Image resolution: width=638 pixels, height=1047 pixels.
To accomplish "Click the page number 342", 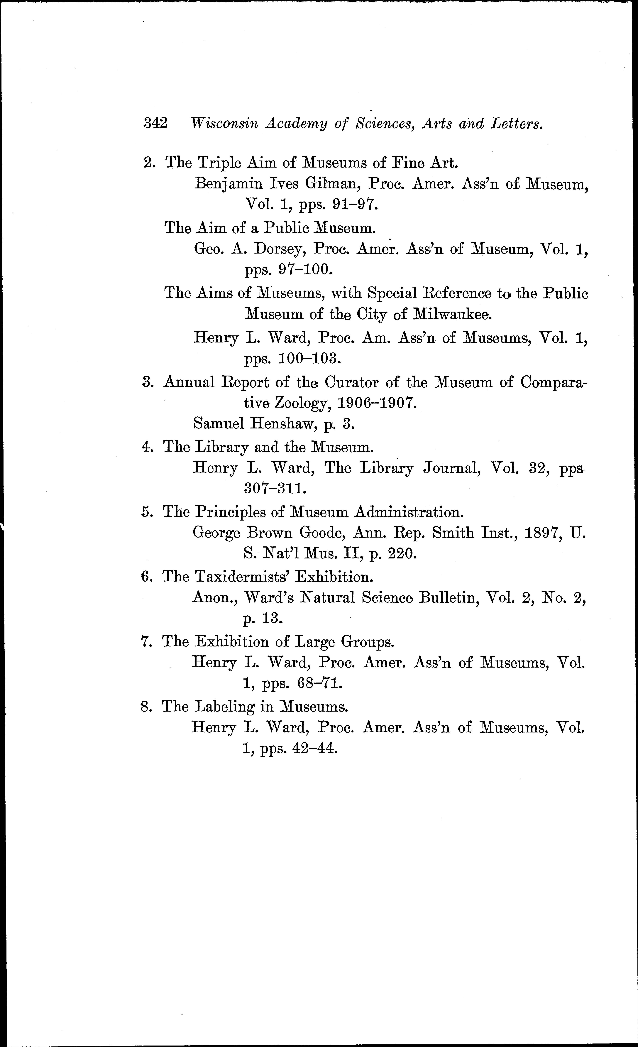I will pos(155,123).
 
